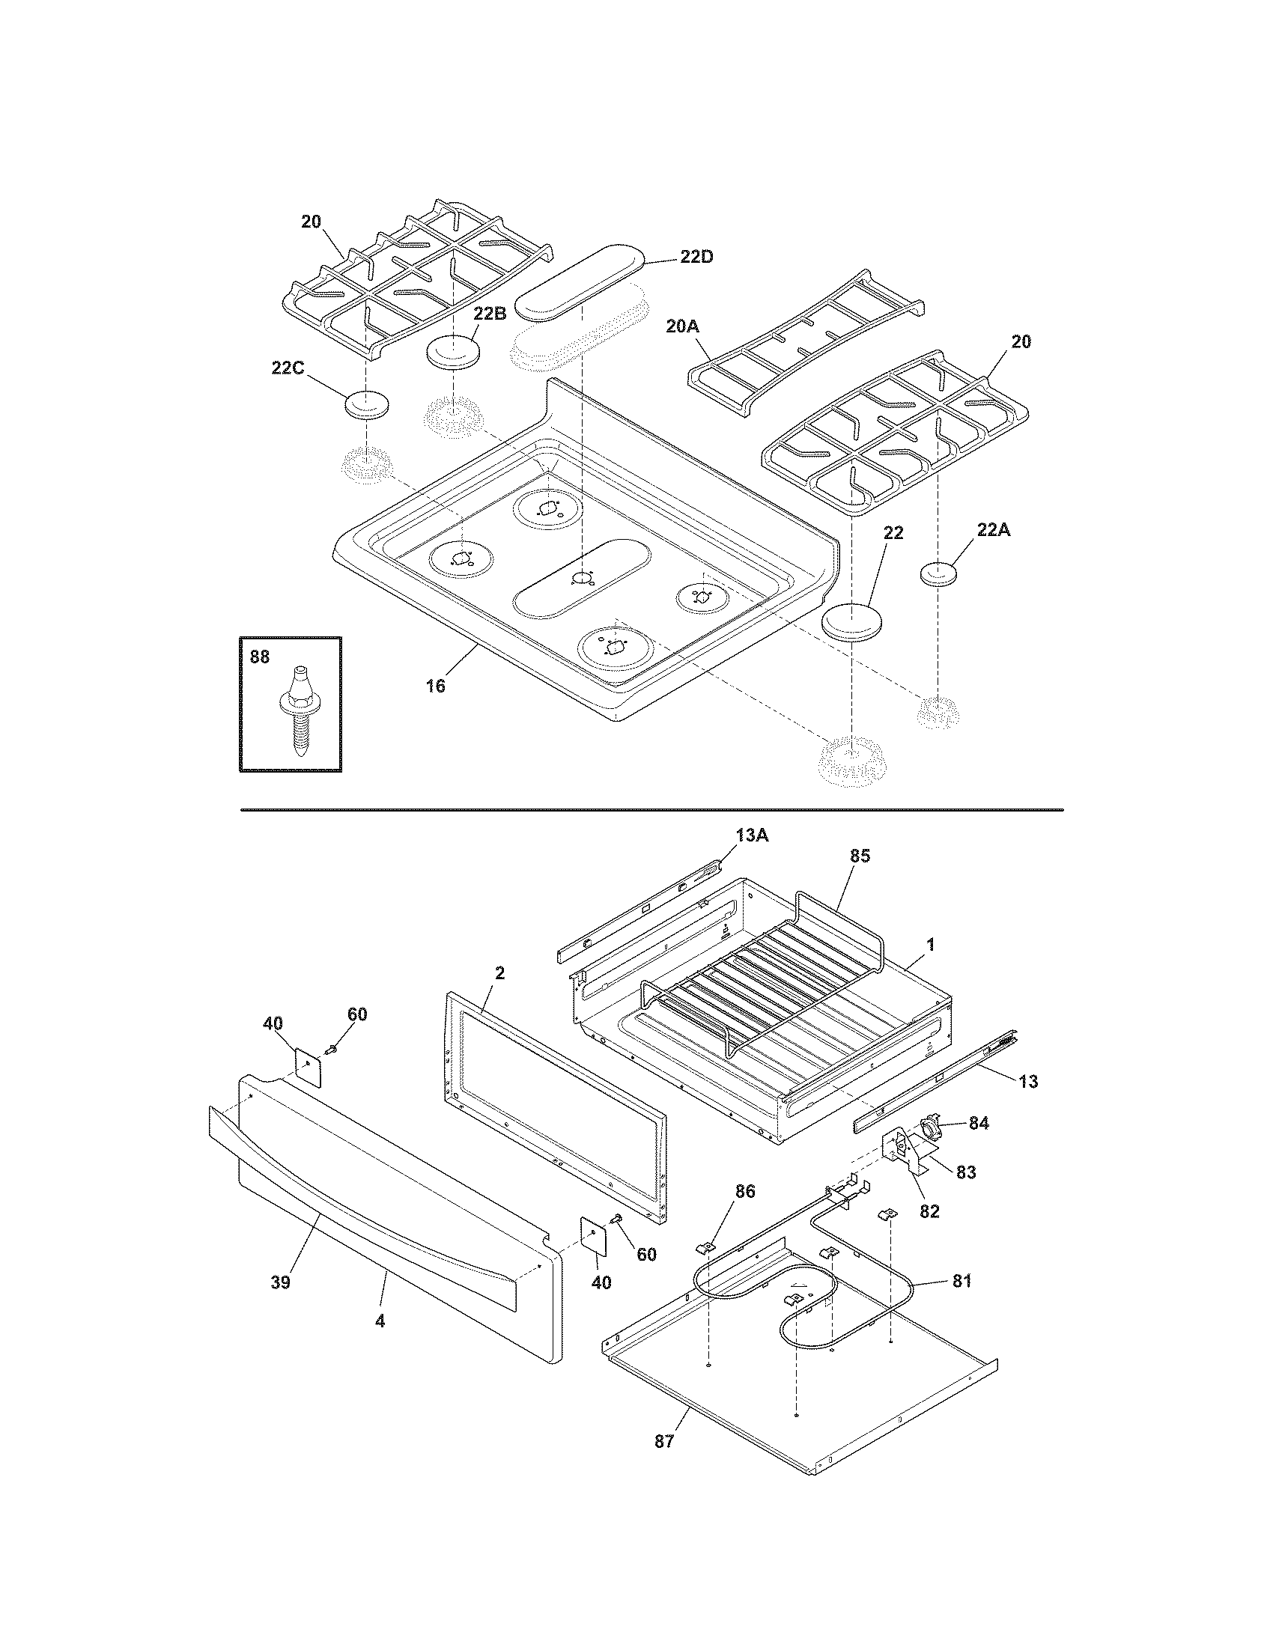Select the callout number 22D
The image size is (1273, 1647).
tap(696, 257)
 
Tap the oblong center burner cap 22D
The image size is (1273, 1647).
tap(580, 277)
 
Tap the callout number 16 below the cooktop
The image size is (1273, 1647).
tap(436, 686)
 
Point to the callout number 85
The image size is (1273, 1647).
tap(860, 856)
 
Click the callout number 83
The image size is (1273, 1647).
tap(966, 1172)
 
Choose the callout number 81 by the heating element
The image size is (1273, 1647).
tap(961, 1280)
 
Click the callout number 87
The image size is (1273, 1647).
tap(663, 1441)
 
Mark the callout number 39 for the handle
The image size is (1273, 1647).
tap(281, 1282)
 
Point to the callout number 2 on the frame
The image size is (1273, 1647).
tap(499, 972)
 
